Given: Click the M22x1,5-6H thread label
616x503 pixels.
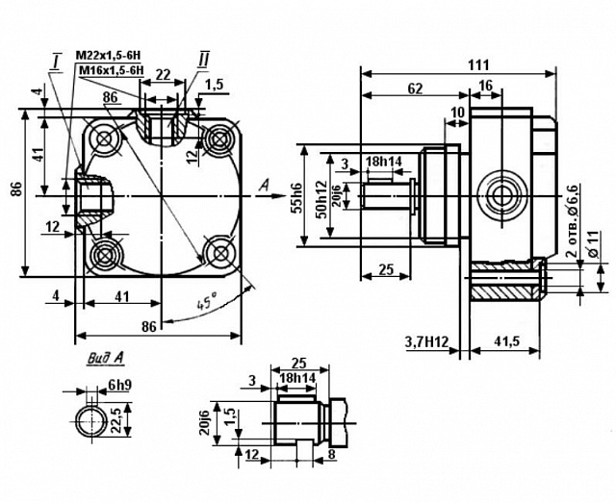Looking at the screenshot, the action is pos(108,55).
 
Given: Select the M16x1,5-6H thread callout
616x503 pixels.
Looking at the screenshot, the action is pos(112,70).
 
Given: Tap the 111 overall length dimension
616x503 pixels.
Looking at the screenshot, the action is pos(478,64).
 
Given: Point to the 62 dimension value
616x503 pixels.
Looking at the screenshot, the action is pos(415,88).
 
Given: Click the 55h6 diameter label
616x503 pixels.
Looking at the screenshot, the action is pos(297,199).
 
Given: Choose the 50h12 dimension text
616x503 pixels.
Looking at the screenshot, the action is pos(321,199).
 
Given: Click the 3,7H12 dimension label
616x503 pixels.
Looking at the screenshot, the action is pos(426,342).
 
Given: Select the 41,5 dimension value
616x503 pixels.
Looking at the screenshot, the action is pos(506,341).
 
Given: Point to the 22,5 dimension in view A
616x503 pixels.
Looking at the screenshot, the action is pos(116,419).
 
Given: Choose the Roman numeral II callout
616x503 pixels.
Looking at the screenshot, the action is pos(204,61).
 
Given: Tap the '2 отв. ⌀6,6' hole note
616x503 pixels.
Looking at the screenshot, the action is pos(574,225).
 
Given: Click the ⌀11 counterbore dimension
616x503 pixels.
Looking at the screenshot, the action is pos(593,244).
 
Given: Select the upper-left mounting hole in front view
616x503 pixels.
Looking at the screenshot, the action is pos(105,138).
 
